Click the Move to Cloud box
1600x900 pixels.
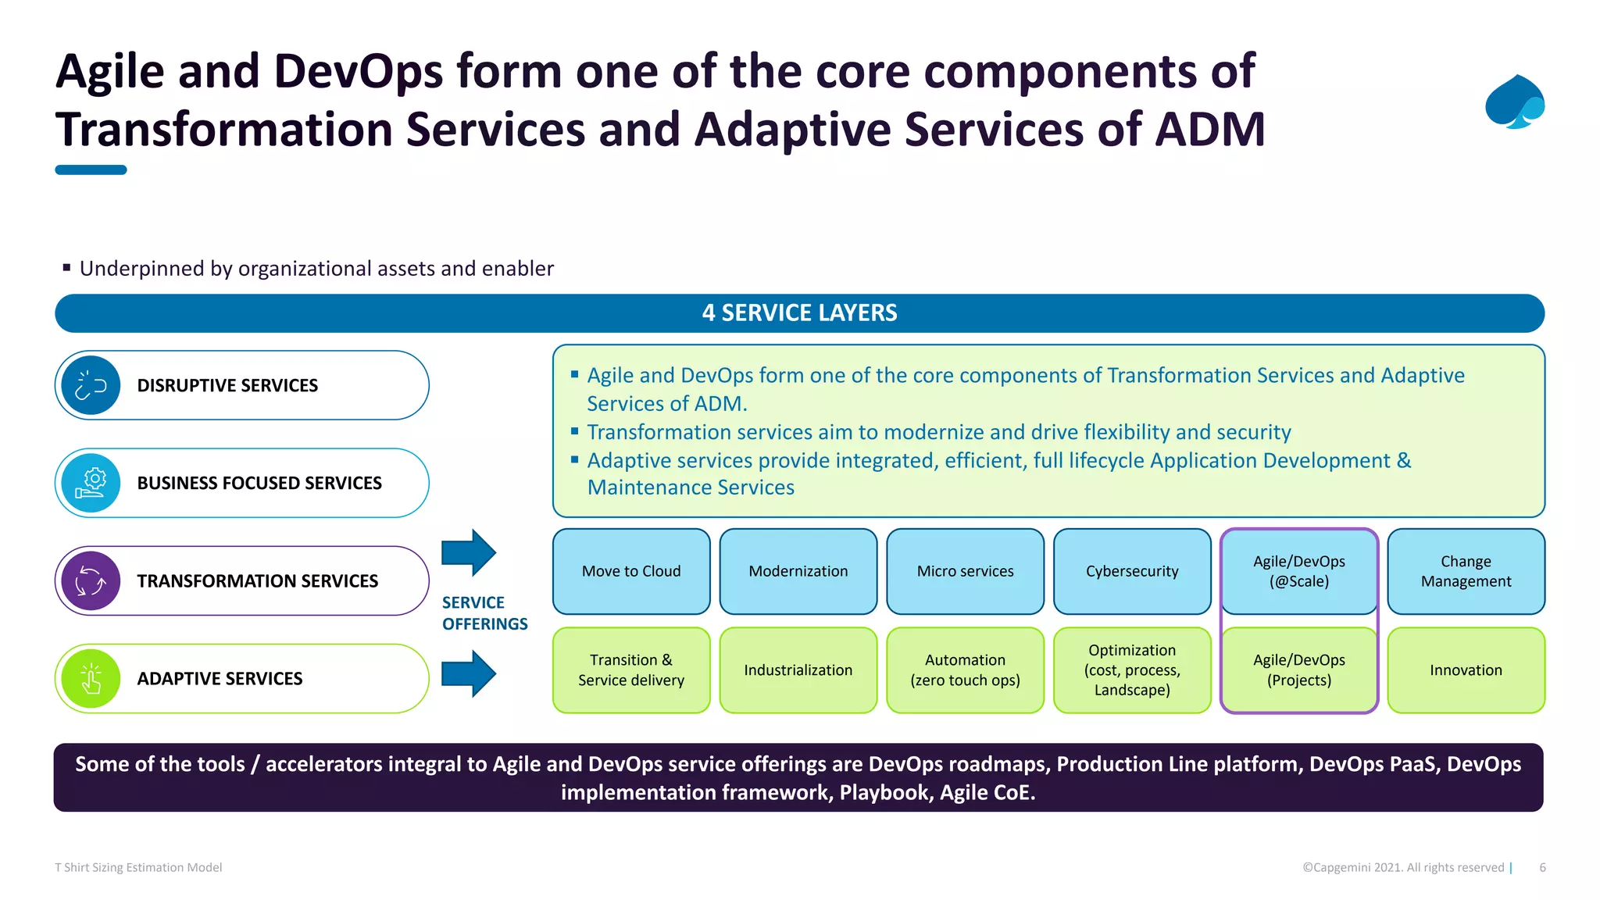[631, 571]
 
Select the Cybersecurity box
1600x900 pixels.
[1132, 571]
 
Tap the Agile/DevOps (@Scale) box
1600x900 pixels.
[1299, 571]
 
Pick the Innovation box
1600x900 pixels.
[1466, 670]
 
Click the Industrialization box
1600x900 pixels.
[798, 670]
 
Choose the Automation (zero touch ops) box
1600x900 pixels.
[965, 670]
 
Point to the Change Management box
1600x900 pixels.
[1466, 571]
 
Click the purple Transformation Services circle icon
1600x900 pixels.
[91, 581]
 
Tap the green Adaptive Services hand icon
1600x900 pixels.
[91, 678]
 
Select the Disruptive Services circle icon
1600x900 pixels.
[91, 385]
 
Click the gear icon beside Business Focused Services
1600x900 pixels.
[91, 483]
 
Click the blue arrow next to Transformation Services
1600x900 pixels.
[469, 552]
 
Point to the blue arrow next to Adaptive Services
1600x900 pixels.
[469, 673]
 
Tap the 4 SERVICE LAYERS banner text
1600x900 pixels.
[799, 313]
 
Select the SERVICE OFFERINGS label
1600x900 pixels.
[484, 613]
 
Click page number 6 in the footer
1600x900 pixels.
[1542, 867]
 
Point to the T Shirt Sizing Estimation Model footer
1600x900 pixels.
[138, 867]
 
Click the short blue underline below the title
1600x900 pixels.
[91, 170]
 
